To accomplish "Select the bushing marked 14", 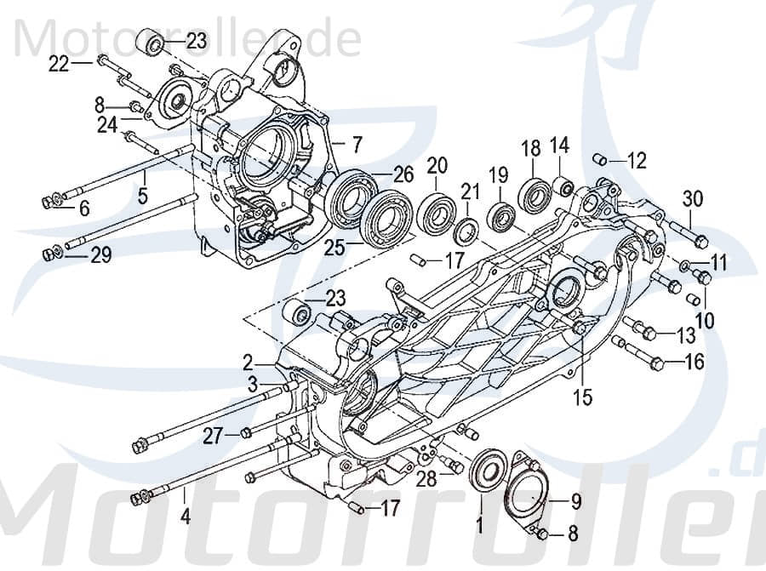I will (561, 185).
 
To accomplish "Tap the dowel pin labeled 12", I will (623, 159).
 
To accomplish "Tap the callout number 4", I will (185, 515).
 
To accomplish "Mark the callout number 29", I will (101, 254).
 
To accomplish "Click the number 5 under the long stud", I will (143, 196).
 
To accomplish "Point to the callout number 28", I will (426, 479).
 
